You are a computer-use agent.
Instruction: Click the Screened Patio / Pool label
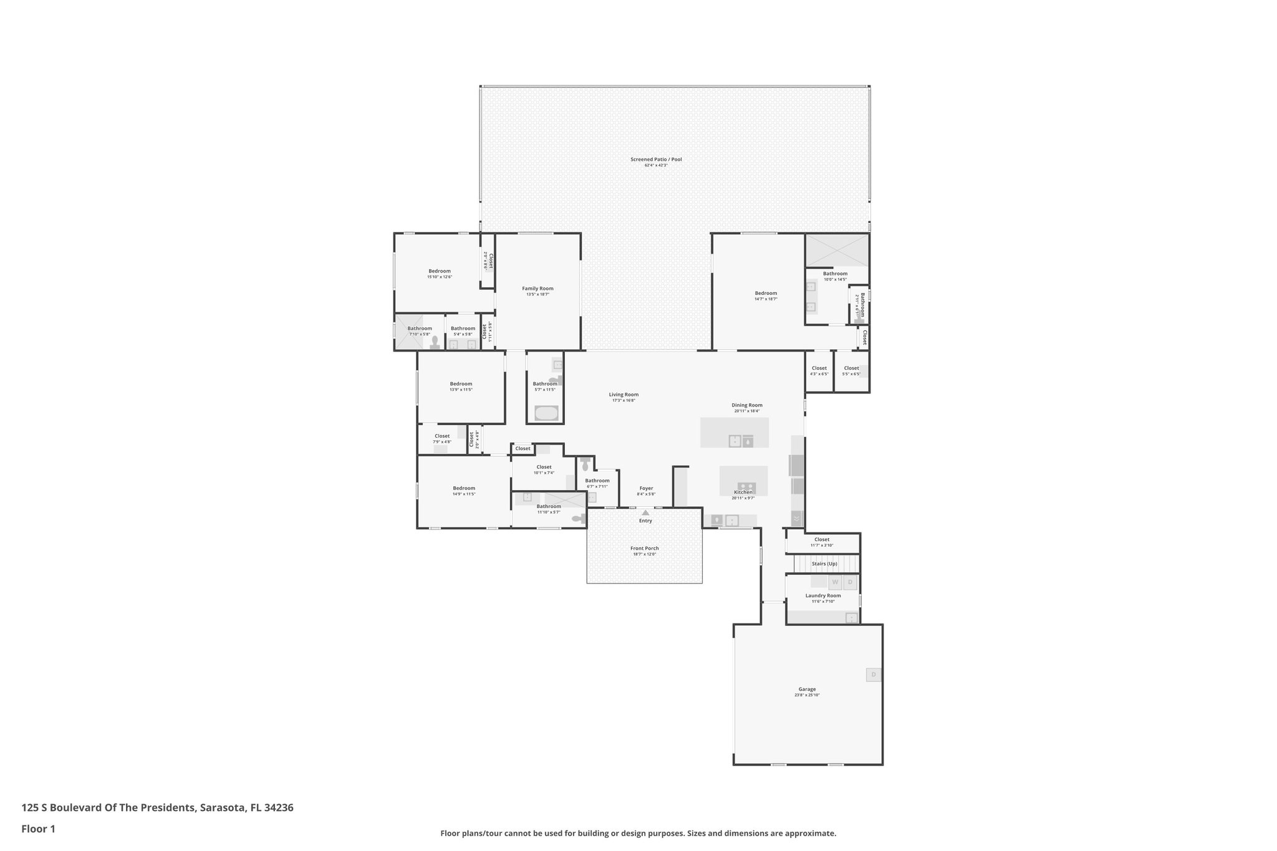[x=656, y=160]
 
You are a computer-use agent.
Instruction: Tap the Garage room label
[x=807, y=689]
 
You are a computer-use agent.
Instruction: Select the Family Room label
[x=537, y=289]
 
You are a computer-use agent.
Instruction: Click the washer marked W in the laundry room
[x=835, y=582]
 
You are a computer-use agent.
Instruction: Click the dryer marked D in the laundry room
[x=850, y=582]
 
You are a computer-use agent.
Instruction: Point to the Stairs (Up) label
[x=824, y=564]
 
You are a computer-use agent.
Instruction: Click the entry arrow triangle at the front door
[x=645, y=512]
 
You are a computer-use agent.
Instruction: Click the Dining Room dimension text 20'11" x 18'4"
[x=746, y=411]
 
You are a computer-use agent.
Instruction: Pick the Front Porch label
[x=645, y=549]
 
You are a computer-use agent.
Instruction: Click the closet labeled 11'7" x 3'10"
[x=822, y=542]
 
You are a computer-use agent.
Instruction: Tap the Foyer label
[x=646, y=489]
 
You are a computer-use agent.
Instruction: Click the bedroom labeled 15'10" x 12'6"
[x=440, y=273]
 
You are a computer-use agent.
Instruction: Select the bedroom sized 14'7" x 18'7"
[x=766, y=296]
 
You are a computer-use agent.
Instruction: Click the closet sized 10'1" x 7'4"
[x=544, y=469]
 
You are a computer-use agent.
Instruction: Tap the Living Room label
[x=624, y=395]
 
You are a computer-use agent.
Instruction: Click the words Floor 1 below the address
[x=38, y=829]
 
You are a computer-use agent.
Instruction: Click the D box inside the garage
[x=874, y=675]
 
